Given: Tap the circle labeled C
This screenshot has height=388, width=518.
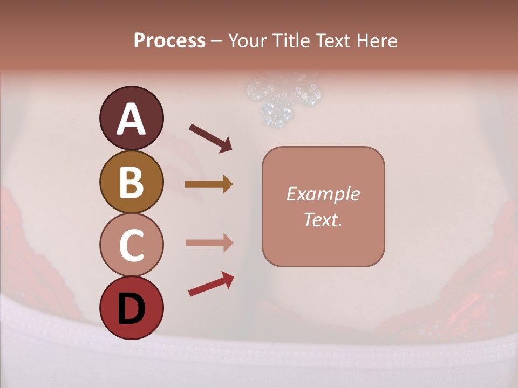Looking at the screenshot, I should click(x=131, y=245).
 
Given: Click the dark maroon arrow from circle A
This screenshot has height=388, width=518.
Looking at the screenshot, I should click(x=210, y=137).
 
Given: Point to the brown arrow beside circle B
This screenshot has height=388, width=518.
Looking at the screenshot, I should click(x=208, y=184).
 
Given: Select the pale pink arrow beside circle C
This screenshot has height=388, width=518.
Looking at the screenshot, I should click(x=208, y=242).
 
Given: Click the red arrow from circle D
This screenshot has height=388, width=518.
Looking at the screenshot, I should click(x=211, y=284).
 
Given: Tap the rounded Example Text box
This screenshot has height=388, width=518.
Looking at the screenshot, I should click(x=323, y=206).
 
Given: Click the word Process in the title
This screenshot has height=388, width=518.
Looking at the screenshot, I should click(x=169, y=40).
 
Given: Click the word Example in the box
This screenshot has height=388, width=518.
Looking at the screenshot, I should click(x=323, y=194).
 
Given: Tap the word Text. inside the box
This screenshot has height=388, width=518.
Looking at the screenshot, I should click(x=323, y=219).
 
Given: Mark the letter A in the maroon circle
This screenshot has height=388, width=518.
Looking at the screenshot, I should click(x=131, y=119).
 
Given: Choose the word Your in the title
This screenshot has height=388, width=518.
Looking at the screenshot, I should click(x=247, y=40).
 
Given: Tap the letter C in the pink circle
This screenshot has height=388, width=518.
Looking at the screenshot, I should click(x=131, y=245).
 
